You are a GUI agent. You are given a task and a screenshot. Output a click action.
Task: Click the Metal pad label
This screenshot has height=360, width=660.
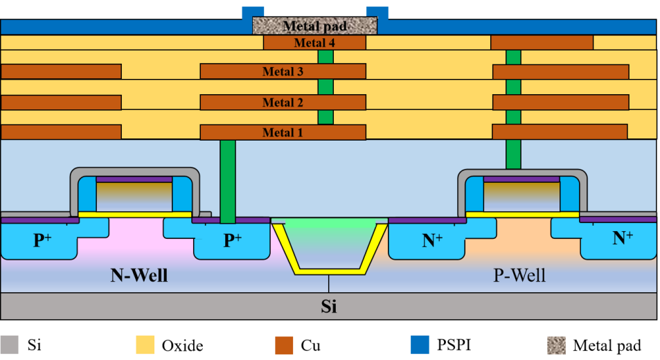pyautogui.click(x=314, y=26)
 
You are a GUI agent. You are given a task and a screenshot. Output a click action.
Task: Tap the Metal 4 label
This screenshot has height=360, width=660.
pyautogui.click(x=314, y=43)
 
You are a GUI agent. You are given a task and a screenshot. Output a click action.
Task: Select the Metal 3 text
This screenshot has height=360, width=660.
pyautogui.click(x=283, y=71)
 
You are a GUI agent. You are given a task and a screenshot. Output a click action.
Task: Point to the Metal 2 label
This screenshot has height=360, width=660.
pyautogui.click(x=283, y=102)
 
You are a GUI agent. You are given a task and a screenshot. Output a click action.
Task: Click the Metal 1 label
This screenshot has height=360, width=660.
pyautogui.click(x=283, y=132)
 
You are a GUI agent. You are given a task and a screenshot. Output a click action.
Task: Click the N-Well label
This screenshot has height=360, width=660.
pyautogui.click(x=139, y=276)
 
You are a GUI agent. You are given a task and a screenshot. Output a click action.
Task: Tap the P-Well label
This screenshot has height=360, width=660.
pyautogui.click(x=519, y=276)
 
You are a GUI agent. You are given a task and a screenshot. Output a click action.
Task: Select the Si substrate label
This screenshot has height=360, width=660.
pyautogui.click(x=329, y=305)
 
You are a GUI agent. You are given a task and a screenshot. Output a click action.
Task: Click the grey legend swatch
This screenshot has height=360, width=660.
pyautogui.click(x=10, y=345)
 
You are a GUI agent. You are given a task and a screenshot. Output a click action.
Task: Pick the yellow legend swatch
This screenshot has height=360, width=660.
pyautogui.click(x=145, y=345)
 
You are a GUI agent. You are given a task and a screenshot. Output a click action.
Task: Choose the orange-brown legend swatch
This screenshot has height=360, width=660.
pyautogui.click(x=284, y=345)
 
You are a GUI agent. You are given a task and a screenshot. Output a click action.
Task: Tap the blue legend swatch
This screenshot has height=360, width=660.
pyautogui.click(x=420, y=345)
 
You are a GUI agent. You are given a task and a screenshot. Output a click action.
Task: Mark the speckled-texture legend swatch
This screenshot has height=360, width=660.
pyautogui.click(x=556, y=345)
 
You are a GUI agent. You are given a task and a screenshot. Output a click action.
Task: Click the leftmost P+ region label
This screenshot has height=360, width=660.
pyautogui.click(x=43, y=241)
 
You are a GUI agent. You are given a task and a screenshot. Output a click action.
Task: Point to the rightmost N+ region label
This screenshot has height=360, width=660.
pyautogui.click(x=623, y=239)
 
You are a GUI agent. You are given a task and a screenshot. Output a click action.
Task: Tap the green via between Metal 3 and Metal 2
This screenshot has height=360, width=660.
pyautogui.click(x=325, y=87)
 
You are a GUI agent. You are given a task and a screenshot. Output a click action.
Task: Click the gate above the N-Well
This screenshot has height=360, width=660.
pyautogui.click(x=134, y=197)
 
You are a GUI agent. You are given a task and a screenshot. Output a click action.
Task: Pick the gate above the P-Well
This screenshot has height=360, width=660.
pyautogui.click(x=521, y=197)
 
